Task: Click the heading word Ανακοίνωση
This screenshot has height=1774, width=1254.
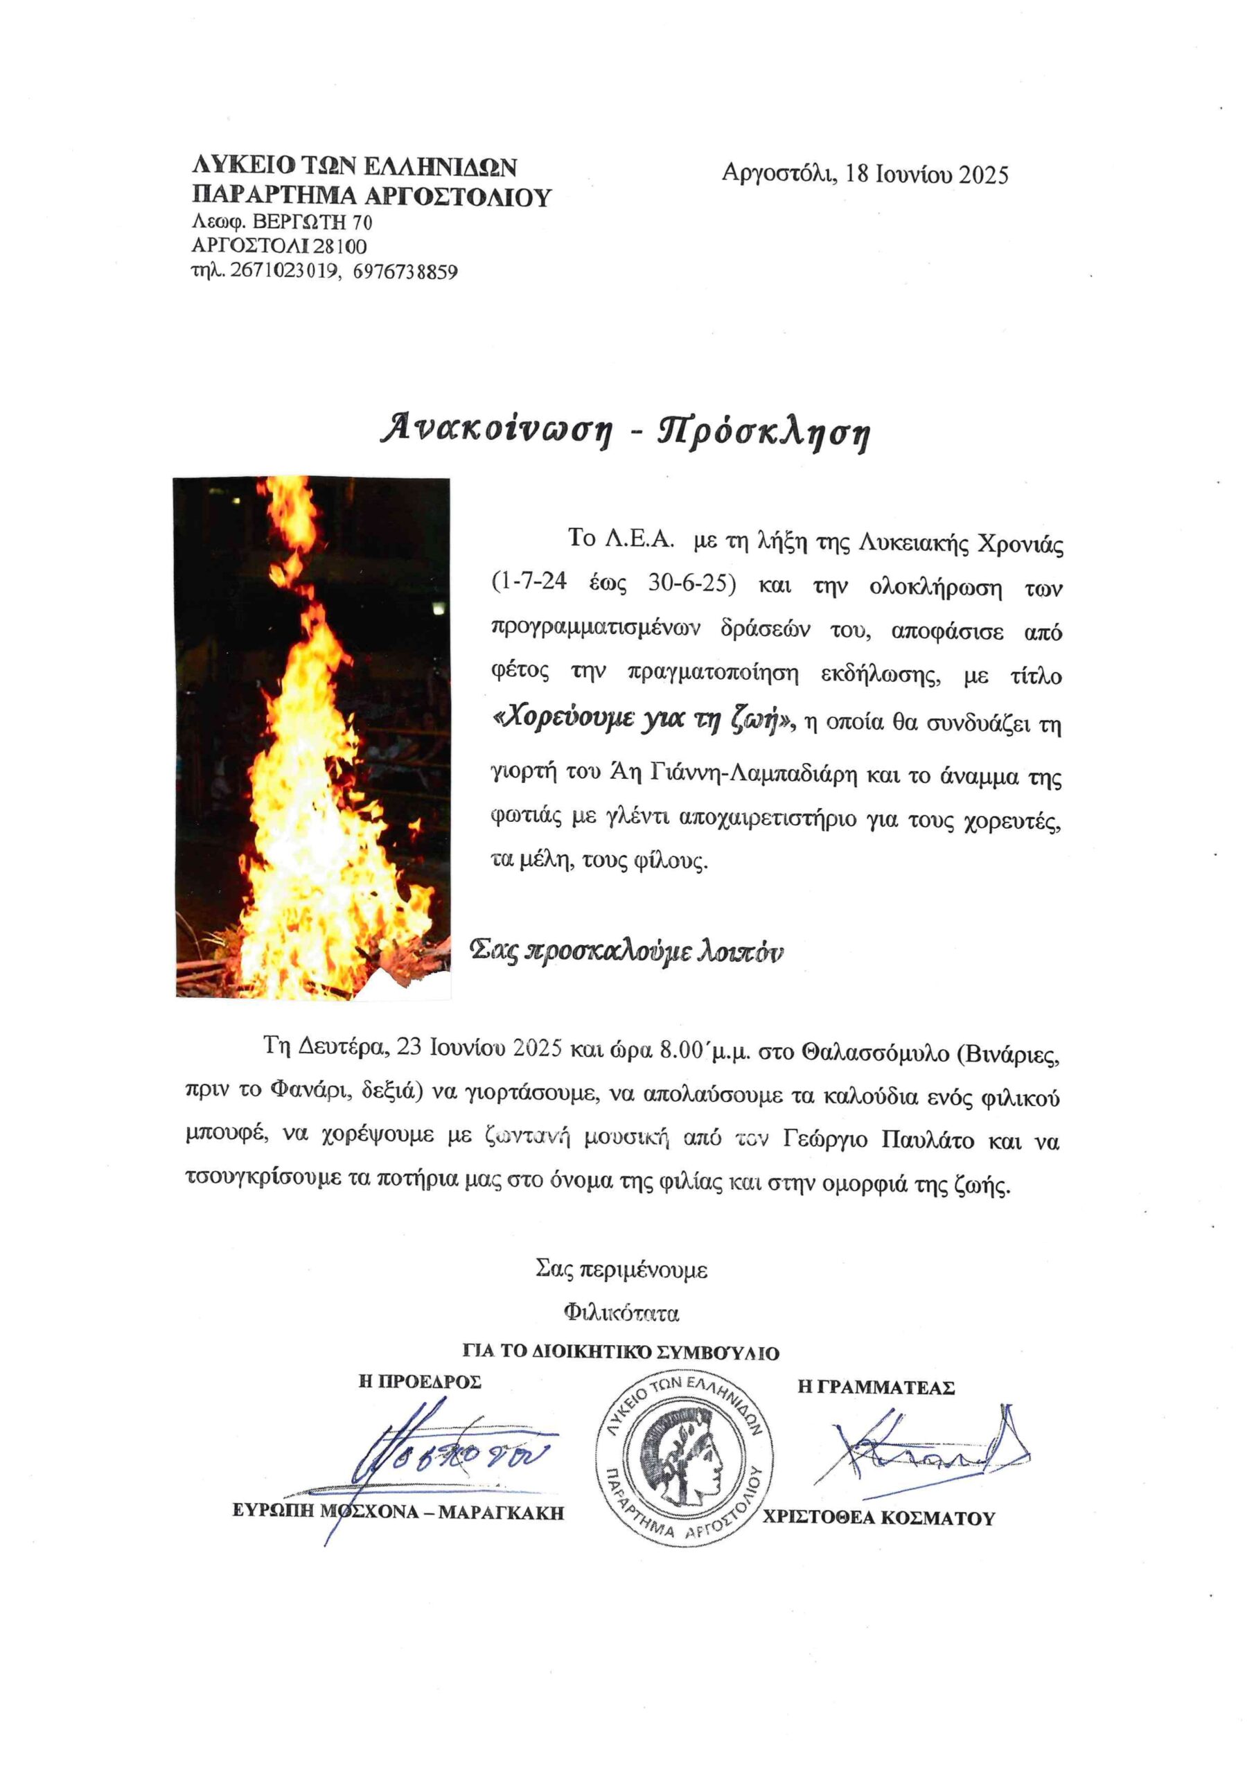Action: pos(497,430)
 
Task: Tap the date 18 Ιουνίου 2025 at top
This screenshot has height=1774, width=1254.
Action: pos(926,175)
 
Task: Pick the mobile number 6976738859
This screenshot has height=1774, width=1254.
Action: pos(405,272)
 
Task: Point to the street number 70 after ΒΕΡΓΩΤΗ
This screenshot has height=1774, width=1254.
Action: pos(362,222)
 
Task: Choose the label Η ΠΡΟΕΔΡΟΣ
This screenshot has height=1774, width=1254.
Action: pos(420,1382)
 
